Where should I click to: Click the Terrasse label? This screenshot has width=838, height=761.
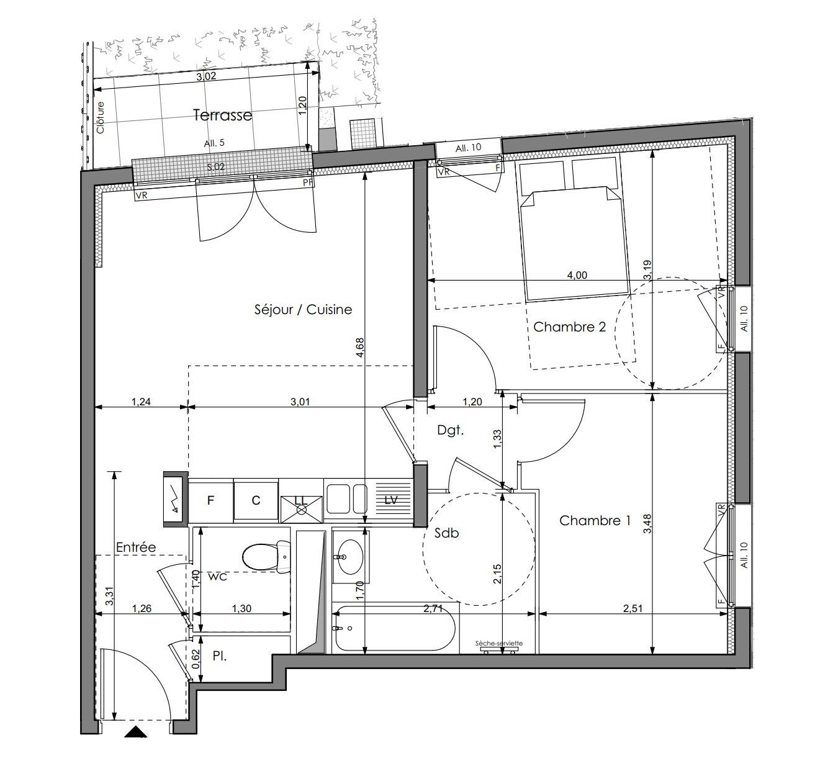tap(223, 115)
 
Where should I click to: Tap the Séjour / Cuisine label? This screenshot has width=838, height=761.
tap(303, 310)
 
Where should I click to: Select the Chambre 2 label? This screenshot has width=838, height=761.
tap(569, 326)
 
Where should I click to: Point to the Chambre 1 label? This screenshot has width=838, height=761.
tap(595, 520)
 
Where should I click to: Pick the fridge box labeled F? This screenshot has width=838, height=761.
tap(210, 501)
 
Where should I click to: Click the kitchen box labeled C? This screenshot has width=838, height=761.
tap(256, 501)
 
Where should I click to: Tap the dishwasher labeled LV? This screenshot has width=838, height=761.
tap(392, 500)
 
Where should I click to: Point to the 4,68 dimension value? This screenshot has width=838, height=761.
tap(359, 347)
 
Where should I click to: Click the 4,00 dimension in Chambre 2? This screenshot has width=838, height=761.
tap(577, 275)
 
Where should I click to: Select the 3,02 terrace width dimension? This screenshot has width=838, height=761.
tap(206, 76)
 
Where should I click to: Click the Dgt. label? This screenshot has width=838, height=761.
tap(450, 430)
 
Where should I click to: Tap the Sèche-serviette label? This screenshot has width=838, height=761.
tap(499, 643)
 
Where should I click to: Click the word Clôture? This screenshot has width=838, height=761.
tap(101, 117)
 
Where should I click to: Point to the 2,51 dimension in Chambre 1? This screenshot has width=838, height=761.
tap(633, 608)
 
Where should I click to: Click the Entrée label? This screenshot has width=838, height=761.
tap(136, 547)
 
